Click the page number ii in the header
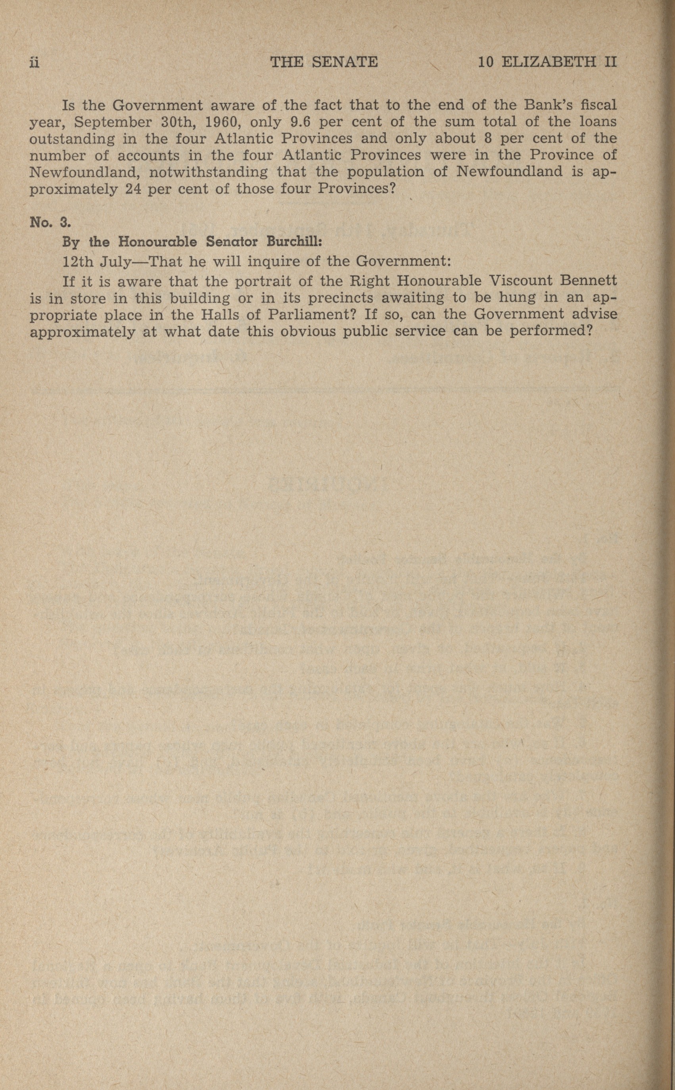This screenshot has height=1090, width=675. click(x=35, y=62)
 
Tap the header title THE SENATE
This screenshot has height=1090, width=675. click(x=324, y=62)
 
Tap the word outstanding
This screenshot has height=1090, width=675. click(x=72, y=139)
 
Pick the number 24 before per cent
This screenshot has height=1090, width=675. click(x=133, y=189)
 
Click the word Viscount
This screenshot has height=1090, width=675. click(x=520, y=281)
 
